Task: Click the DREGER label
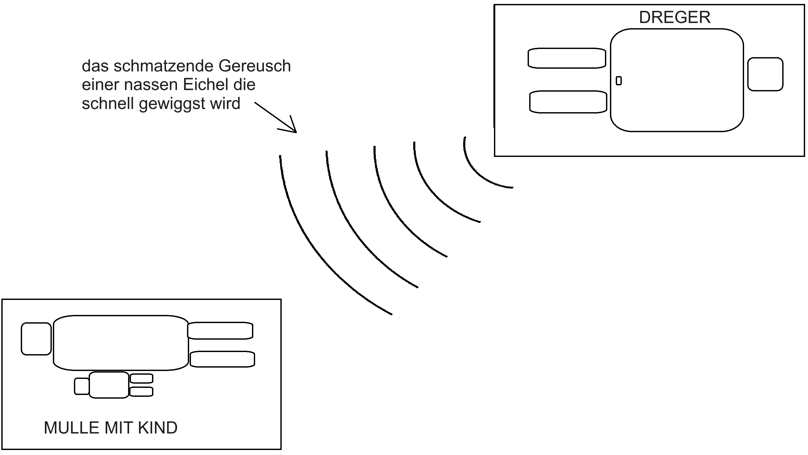[674, 17]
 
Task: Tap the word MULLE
[72, 428]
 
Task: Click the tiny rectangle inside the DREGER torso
[619, 81]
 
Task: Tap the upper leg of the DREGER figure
[567, 58]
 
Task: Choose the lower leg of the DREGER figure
[568, 102]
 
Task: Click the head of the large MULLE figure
[36, 339]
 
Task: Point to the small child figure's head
[82, 386]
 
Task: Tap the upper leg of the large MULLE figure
[220, 331]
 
